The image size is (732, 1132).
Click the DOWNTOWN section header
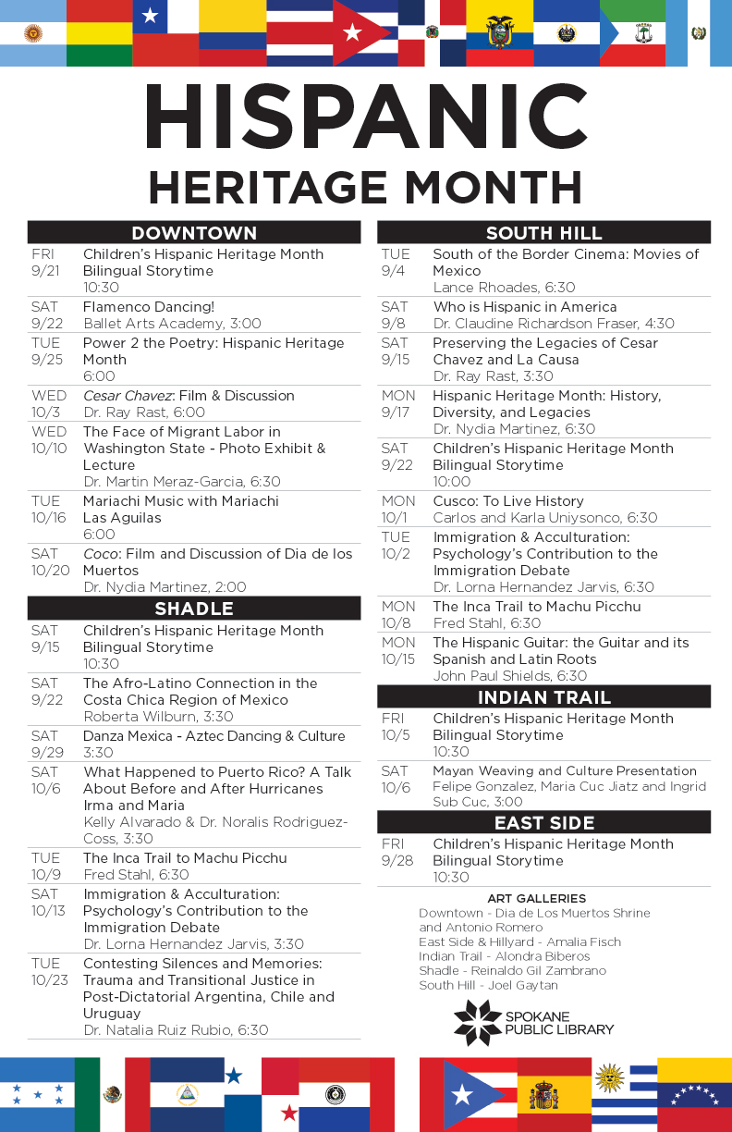coord(194,233)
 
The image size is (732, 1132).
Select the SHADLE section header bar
coord(194,609)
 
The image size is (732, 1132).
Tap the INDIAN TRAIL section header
coord(543,697)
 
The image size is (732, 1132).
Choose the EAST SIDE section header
coord(543,823)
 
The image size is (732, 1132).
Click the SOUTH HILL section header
coord(543,233)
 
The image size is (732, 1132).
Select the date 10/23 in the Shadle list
coord(49,980)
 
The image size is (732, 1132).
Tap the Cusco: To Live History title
coord(508,501)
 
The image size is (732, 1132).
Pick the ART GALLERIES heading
coord(536,898)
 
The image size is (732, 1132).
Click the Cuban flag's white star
coord(351,33)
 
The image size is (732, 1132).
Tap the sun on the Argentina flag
coord(33,33)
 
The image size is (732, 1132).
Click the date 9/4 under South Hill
coord(396,271)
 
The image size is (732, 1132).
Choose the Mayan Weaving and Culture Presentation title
coord(565,771)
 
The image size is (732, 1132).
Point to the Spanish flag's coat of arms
coord(543,1098)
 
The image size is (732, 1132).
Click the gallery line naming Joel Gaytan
coord(489,986)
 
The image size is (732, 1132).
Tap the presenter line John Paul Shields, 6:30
coord(510,676)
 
